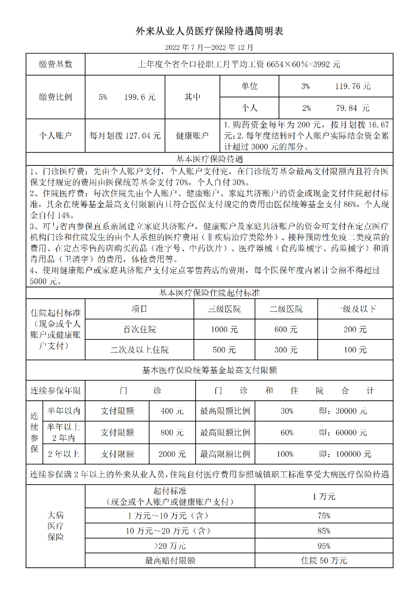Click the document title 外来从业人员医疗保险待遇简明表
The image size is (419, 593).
[x=209, y=31]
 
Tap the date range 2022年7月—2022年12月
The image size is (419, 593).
[x=209, y=47]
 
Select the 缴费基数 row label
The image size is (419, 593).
[x=55, y=64]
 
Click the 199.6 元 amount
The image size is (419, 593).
[x=140, y=97]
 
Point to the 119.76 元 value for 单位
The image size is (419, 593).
[x=353, y=86]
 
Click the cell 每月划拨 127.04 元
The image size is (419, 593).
[x=125, y=136]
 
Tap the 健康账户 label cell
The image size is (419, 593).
[x=192, y=136]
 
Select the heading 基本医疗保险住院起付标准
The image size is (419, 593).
[x=209, y=293]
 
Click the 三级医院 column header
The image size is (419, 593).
[x=224, y=309]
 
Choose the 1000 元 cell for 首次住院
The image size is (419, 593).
[x=224, y=330]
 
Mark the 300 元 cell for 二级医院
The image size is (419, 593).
[x=286, y=350]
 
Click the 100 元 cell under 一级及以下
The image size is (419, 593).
[x=355, y=350]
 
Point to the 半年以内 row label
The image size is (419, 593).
[x=64, y=411]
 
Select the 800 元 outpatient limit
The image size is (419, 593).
[x=172, y=433]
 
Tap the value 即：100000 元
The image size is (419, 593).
[x=345, y=454]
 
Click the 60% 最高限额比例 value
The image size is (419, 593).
[x=287, y=433]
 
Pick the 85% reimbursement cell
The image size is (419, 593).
[x=324, y=531]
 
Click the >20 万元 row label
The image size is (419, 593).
[x=170, y=546]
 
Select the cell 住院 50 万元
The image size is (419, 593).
[x=324, y=561]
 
